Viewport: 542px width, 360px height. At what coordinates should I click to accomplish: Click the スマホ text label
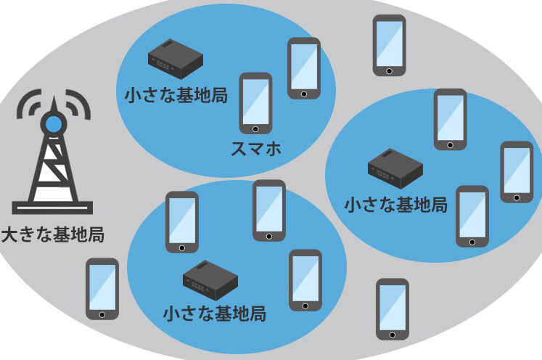pos(255,150)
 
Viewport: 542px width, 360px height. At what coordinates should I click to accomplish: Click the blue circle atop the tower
pos(54,124)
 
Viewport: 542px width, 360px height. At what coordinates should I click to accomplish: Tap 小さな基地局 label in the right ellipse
pos(396,204)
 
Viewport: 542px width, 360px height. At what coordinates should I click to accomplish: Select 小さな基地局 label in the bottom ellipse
pos(214,314)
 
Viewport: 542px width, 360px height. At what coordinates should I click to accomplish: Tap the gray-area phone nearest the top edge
pos(389,45)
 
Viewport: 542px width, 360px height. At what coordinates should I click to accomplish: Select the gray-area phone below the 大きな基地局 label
pos(102,289)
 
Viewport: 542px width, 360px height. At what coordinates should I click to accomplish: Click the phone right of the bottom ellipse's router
pos(305,280)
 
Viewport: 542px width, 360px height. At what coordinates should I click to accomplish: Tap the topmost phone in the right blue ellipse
pos(450,119)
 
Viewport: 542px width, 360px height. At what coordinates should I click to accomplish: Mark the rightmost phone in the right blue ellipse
pos(517,171)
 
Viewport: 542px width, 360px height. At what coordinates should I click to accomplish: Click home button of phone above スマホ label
pos(255,128)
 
